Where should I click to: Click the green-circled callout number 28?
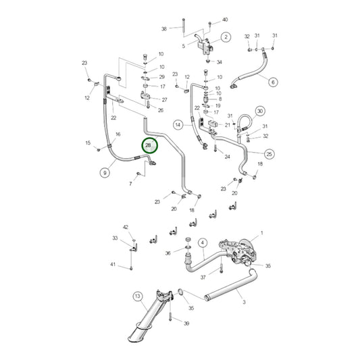[x=148, y=145]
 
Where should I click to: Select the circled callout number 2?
[x=226, y=36]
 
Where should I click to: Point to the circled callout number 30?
[x=261, y=111]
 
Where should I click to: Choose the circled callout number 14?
[x=178, y=125]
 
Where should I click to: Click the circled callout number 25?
[x=269, y=154]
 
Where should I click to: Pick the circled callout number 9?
[x=105, y=173]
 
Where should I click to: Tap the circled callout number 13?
[x=137, y=296]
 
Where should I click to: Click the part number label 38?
[x=163, y=29]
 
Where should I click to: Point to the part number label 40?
[x=225, y=20]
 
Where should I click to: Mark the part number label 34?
[x=219, y=62]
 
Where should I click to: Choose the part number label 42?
[x=125, y=228]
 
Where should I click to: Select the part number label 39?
[x=186, y=324]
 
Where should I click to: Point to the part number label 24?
[x=227, y=157]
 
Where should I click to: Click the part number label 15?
[x=88, y=143]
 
